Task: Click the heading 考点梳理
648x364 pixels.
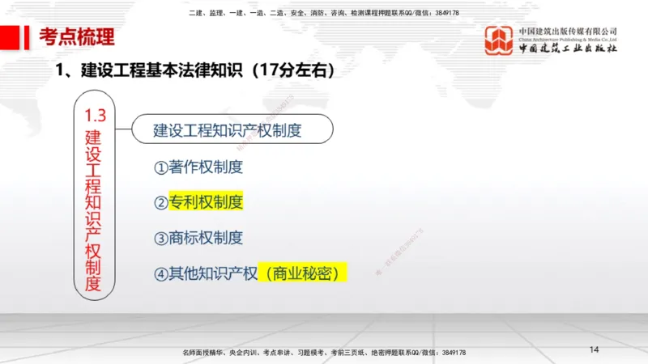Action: click(x=77, y=36)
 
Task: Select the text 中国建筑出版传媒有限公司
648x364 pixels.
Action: click(x=568, y=30)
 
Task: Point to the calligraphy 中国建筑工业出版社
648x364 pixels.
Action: click(x=568, y=49)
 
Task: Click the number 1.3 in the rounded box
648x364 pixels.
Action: click(x=96, y=116)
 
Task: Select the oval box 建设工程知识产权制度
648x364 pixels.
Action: click(x=228, y=129)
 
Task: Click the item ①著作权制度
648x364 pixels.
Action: click(x=198, y=167)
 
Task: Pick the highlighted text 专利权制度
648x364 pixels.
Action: click(x=206, y=202)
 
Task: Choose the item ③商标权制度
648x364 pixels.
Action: click(x=198, y=238)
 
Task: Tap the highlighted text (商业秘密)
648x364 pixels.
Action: click(x=302, y=273)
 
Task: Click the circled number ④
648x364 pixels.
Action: click(x=160, y=273)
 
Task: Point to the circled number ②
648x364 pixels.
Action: click(x=160, y=203)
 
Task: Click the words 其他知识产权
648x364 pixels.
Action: click(x=212, y=273)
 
